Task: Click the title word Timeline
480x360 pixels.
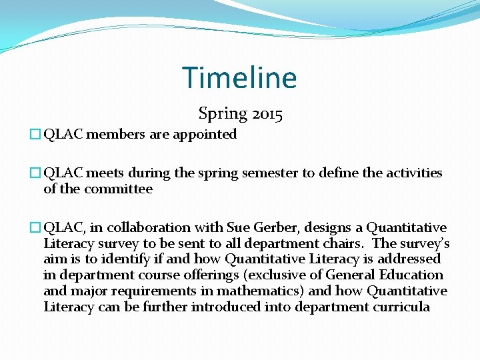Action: click(x=239, y=78)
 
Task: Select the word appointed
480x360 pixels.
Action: click(x=205, y=135)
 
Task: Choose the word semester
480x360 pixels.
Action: click(x=273, y=173)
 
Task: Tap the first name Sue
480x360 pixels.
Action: click(x=237, y=228)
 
